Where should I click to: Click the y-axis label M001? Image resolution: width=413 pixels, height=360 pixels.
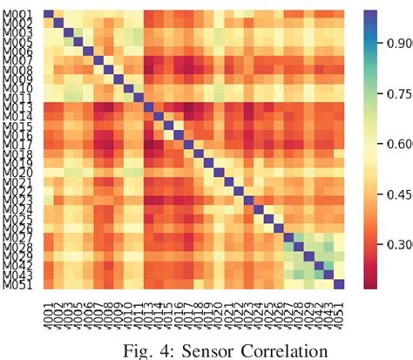(x=21, y=14)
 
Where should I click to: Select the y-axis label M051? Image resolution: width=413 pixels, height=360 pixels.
(x=21, y=284)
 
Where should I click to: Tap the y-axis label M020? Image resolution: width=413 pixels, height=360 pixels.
(x=21, y=172)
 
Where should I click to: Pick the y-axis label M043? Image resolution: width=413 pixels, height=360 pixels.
(x=21, y=275)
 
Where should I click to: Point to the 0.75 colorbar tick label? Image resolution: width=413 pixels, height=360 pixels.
(x=397, y=96)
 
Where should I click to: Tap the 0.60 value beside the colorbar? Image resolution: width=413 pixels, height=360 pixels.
(x=397, y=146)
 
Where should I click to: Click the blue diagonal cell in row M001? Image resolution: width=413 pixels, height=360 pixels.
(x=49, y=14)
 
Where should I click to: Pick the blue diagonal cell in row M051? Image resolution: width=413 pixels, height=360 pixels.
(x=340, y=284)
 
